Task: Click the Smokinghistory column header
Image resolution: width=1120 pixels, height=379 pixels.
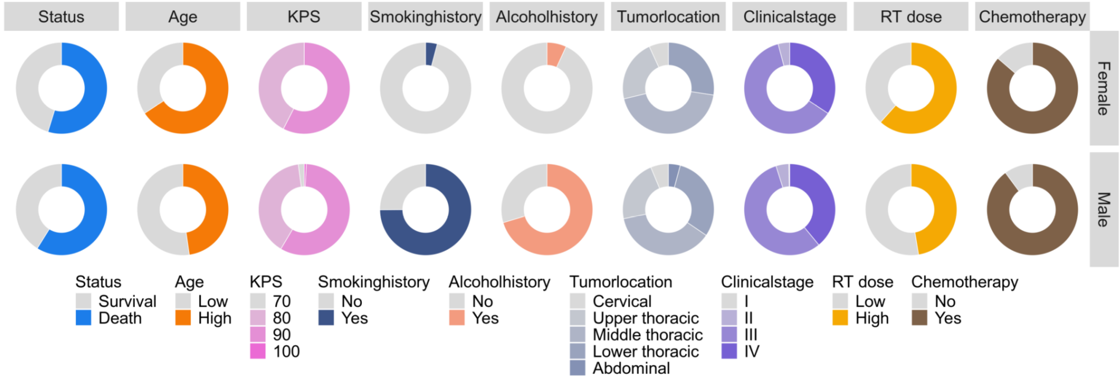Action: click(425, 17)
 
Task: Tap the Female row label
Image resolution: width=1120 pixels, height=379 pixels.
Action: click(1103, 88)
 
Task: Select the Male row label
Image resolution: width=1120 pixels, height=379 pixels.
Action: click(1103, 209)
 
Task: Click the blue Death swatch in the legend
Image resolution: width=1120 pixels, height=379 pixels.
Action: click(83, 318)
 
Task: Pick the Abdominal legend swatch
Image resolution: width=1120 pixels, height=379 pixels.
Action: click(577, 368)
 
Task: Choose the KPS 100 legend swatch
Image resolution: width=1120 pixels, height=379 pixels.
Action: click(257, 351)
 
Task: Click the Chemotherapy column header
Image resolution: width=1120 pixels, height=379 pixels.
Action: click(1032, 17)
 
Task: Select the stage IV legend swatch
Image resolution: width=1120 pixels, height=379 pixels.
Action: click(729, 351)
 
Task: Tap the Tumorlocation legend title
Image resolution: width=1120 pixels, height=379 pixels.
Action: click(621, 282)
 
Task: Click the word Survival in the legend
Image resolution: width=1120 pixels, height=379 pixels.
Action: click(127, 301)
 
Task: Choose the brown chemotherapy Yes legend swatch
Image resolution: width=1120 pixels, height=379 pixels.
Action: click(919, 318)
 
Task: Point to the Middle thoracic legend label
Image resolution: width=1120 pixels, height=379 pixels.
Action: click(647, 335)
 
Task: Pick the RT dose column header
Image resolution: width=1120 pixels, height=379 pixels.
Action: click(911, 17)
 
